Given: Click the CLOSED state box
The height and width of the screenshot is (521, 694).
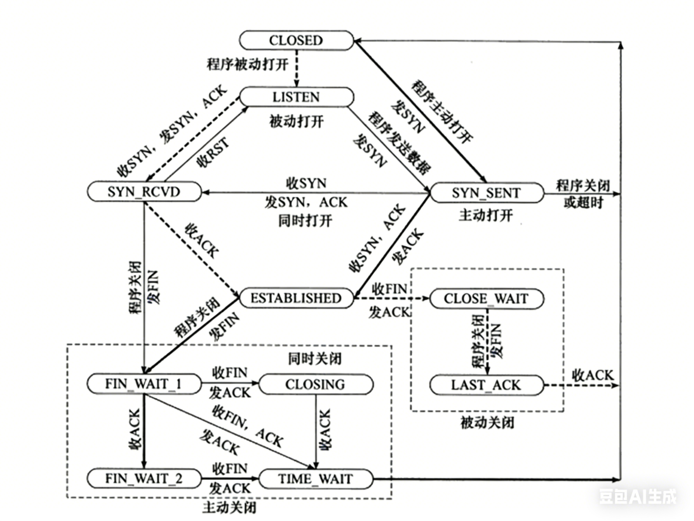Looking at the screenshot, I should click(x=296, y=40).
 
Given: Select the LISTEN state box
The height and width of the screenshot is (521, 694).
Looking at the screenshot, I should click(x=296, y=97).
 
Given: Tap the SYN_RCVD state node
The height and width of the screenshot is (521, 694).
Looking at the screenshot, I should click(x=144, y=192).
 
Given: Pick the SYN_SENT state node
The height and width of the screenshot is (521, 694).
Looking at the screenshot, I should click(x=486, y=193).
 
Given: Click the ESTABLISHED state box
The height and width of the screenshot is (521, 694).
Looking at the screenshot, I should click(x=296, y=298).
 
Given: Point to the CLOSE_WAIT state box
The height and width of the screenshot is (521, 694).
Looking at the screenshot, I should click(x=486, y=299).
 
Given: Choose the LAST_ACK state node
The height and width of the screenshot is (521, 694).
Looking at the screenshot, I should click(x=486, y=385).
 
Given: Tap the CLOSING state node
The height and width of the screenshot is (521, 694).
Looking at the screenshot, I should click(x=315, y=384).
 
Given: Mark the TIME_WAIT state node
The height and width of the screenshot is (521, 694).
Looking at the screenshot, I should click(x=315, y=479).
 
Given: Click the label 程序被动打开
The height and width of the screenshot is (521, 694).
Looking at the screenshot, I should click(x=247, y=65).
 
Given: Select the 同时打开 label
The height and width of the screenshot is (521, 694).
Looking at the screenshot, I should click(x=305, y=221).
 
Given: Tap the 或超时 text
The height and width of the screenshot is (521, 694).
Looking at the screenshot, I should click(x=583, y=203).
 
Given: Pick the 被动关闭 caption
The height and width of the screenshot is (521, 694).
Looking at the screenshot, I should click(x=487, y=423).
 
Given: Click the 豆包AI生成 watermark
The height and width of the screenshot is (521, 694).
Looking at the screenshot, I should click(x=638, y=497).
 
